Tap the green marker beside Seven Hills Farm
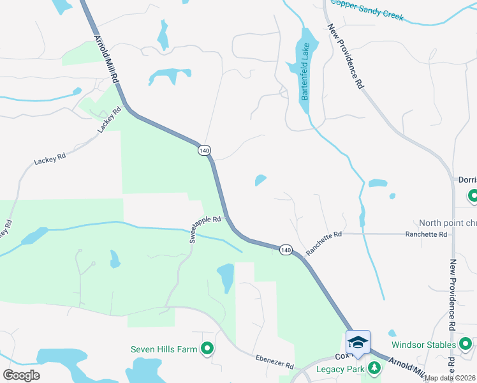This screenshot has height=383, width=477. tap(207, 349)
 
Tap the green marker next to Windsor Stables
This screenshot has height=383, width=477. tap(466, 345)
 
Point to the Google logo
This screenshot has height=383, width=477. tap(21, 375)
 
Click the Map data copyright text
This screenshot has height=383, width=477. tap(449, 378)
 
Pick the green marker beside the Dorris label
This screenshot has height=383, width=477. tap(473, 195)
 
